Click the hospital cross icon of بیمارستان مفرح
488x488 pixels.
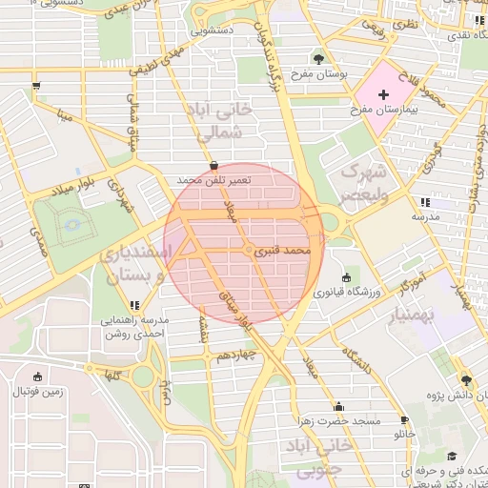[x=383, y=94]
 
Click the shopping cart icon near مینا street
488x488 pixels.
[x=36, y=86]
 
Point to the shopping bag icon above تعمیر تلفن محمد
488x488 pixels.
[x=212, y=164]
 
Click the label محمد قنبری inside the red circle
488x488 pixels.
[x=285, y=251]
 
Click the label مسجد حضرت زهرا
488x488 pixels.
[x=337, y=420]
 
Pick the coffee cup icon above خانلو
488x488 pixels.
[x=404, y=420]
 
